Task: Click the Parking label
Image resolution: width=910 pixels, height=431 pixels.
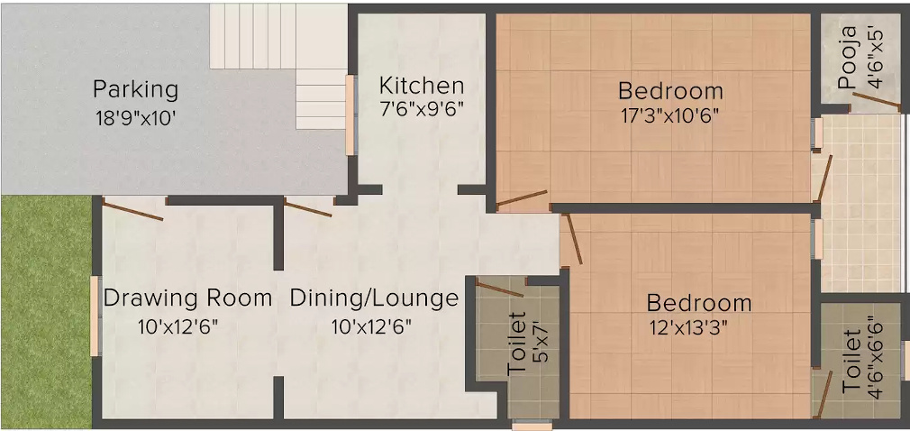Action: (136, 90)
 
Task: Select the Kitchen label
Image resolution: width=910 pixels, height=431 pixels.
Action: (422, 87)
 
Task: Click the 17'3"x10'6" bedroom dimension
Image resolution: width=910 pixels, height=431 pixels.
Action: (670, 115)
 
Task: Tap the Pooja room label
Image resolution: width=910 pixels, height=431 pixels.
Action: (847, 70)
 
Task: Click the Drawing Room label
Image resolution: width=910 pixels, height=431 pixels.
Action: (187, 298)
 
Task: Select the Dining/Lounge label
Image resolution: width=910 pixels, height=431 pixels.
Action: (374, 298)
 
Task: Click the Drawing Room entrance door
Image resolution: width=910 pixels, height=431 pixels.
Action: (132, 210)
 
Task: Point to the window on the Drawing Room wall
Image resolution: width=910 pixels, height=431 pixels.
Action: (95, 316)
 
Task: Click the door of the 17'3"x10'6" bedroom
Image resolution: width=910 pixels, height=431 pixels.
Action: (523, 199)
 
